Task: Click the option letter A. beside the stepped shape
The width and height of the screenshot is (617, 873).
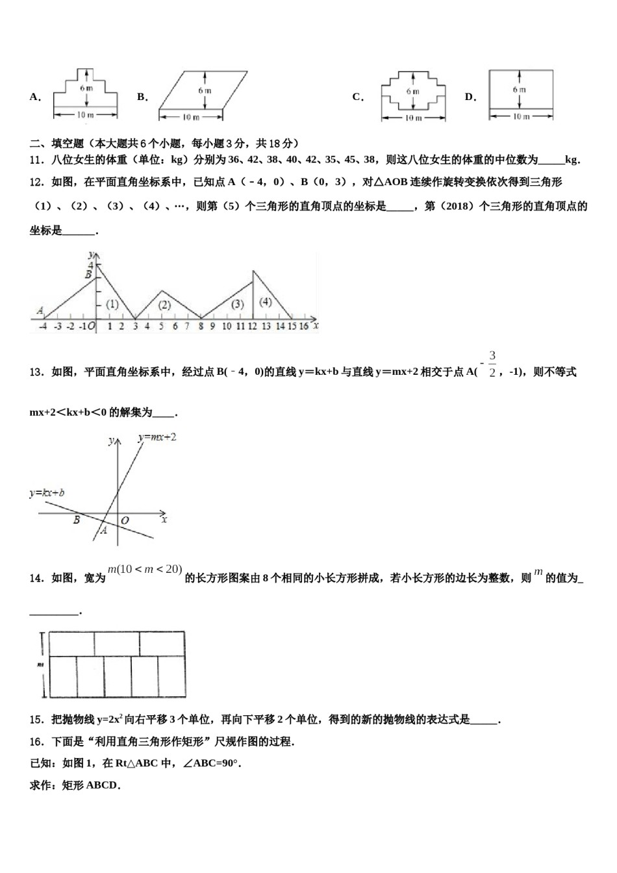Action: tap(35, 97)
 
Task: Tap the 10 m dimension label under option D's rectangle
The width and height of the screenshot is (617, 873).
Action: tap(520, 117)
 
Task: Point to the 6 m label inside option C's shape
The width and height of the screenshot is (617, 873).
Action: tap(413, 92)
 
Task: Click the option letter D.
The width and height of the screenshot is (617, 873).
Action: tap(470, 97)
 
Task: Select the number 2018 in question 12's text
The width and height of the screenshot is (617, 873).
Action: tap(457, 207)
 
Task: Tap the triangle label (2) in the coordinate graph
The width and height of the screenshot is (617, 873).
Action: tap(164, 305)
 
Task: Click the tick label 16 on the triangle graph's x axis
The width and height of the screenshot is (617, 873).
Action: tap(303, 326)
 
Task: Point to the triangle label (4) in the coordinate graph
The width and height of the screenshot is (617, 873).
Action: tap(266, 301)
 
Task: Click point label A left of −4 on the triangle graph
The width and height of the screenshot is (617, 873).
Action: tap(40, 311)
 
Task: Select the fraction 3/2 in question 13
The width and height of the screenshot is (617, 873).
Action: tap(492, 364)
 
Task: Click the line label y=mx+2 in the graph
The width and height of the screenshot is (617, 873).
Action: tap(157, 438)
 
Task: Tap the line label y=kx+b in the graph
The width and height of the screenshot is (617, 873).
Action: tap(51, 494)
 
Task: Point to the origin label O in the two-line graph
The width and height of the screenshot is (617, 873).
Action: tap(125, 520)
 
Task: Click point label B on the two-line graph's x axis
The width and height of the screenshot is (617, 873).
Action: tap(77, 520)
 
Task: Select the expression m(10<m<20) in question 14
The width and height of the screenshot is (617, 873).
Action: tap(144, 570)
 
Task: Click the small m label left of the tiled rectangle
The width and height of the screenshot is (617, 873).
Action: tap(40, 664)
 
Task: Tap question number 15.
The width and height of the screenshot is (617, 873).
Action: tap(37, 720)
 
